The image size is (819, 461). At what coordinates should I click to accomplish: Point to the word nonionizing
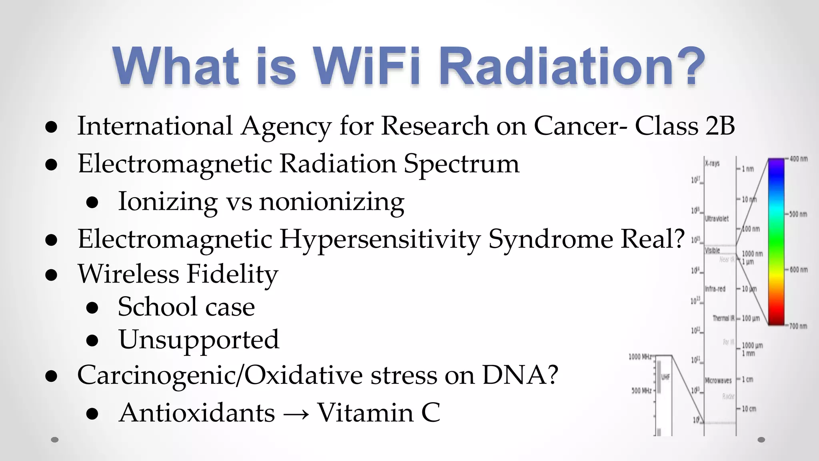(x=332, y=201)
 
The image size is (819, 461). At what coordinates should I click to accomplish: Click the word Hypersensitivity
(x=380, y=239)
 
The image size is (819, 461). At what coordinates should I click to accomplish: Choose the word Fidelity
(x=232, y=274)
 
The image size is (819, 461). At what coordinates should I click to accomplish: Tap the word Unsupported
(x=199, y=340)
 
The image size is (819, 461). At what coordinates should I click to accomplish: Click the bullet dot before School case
(x=92, y=307)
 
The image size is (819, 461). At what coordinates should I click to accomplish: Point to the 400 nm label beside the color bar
(x=798, y=159)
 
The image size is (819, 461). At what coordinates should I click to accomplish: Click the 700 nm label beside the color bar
(x=798, y=326)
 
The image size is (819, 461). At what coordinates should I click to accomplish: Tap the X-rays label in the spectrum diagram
(x=712, y=163)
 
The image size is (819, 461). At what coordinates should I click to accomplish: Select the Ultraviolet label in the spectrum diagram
(x=717, y=218)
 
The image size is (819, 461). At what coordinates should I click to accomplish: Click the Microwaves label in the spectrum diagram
(x=718, y=381)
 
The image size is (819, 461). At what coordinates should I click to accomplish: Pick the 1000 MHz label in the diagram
(x=640, y=357)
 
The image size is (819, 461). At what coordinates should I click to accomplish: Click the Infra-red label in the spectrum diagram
(x=715, y=289)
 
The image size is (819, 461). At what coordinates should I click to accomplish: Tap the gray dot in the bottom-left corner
(x=55, y=440)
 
